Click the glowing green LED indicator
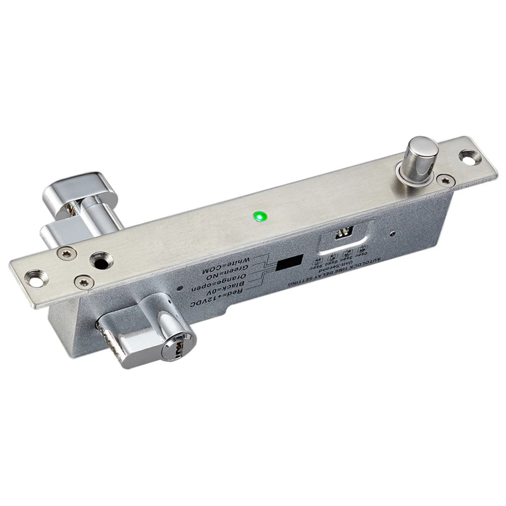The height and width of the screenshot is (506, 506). (260, 217)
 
